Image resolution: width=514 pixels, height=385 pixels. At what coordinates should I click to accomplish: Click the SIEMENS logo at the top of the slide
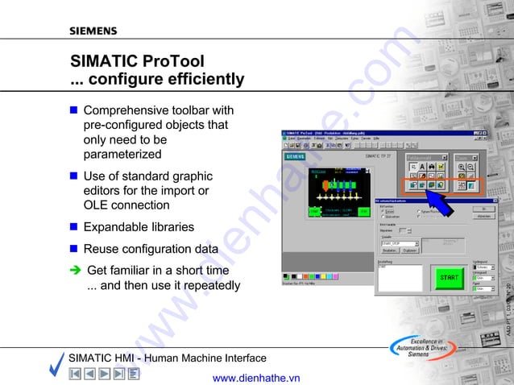point(93,31)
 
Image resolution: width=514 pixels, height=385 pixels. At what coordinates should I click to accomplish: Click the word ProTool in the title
point(172,61)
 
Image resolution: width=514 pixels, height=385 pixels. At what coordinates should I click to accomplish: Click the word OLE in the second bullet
point(95,205)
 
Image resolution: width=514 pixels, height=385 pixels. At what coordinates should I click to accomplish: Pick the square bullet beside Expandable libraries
point(73,226)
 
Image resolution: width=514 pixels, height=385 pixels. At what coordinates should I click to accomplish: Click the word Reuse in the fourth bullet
point(102,249)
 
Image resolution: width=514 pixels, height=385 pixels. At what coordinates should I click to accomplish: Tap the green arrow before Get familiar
point(74,271)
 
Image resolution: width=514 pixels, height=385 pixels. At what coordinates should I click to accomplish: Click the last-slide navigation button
point(118,374)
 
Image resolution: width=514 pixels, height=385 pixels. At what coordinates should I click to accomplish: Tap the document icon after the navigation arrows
point(134,374)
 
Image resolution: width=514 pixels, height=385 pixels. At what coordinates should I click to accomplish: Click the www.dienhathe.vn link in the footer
point(255,377)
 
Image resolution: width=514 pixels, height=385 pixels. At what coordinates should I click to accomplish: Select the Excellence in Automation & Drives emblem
point(418,346)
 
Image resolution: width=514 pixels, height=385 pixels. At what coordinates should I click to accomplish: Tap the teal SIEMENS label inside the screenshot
point(295,155)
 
